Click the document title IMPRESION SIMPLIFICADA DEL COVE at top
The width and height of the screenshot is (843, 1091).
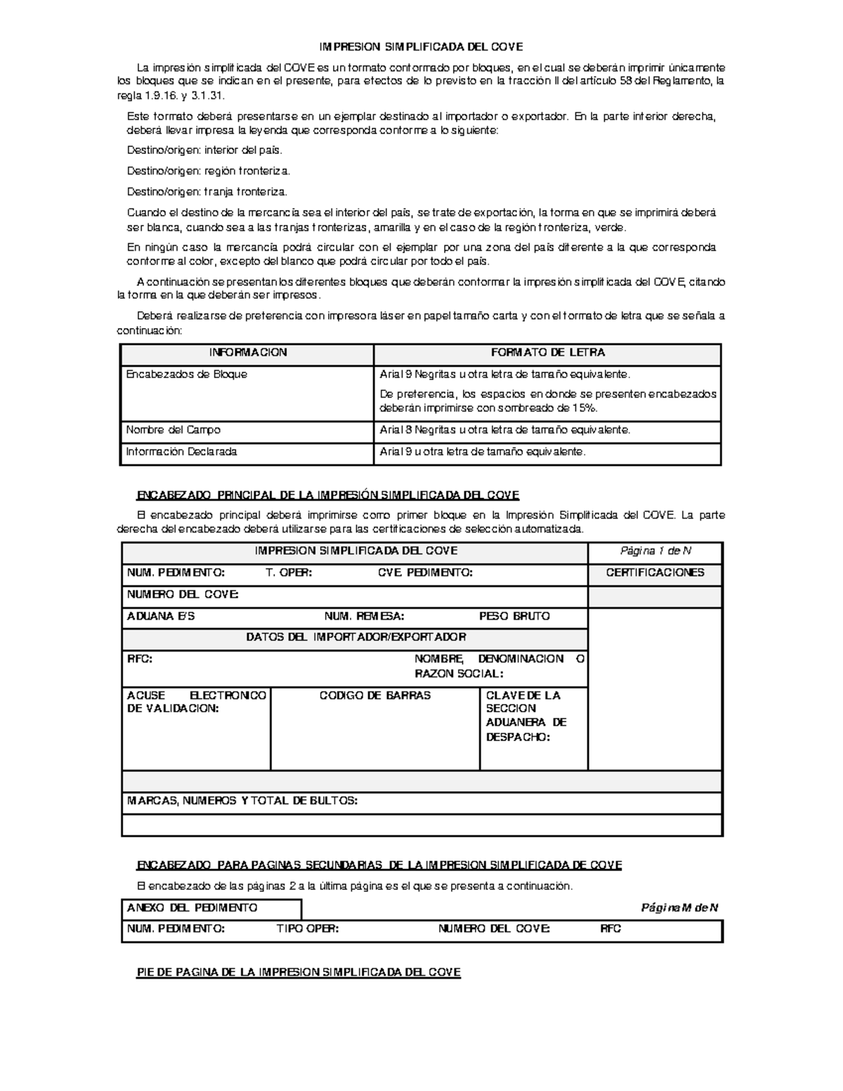[421, 47]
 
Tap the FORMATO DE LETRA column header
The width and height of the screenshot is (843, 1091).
[547, 353]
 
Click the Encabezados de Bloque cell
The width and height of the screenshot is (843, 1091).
[187, 374]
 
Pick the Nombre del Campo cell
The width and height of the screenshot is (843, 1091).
[173, 430]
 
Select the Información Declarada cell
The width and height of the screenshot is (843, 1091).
[181, 452]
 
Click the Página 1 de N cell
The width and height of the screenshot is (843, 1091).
[655, 551]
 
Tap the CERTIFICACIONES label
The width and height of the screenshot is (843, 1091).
[655, 573]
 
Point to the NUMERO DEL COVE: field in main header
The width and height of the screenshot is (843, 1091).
[183, 594]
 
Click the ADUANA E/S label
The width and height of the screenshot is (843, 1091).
[161, 616]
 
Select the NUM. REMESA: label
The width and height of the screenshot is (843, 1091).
[364, 616]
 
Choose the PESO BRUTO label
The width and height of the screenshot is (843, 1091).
[514, 616]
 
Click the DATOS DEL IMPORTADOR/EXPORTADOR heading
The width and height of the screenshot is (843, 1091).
[355, 637]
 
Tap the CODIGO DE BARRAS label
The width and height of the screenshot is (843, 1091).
[375, 695]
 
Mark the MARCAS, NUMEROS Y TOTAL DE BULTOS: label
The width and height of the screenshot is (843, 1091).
[242, 801]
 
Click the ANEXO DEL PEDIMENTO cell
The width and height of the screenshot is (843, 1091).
[192, 908]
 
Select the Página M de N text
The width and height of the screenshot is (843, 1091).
[679, 908]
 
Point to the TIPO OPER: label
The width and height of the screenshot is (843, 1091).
[308, 929]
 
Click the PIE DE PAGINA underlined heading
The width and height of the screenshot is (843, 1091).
[299, 972]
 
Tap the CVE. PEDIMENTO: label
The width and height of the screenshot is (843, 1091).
[425, 573]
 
